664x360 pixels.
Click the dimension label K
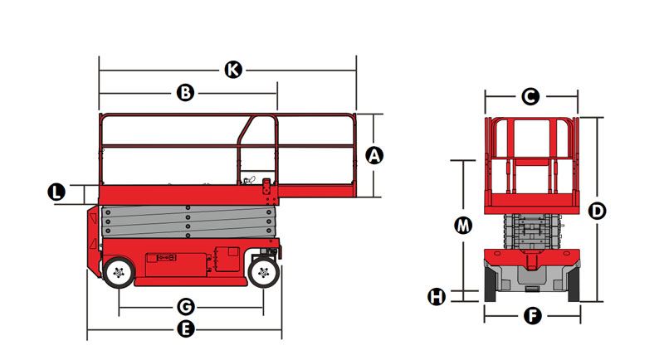(x=233, y=70)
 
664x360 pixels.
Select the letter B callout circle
(x=185, y=92)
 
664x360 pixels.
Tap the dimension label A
(x=374, y=155)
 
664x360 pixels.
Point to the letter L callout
(x=56, y=192)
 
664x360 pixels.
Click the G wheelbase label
(x=185, y=307)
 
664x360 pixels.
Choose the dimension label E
(x=185, y=329)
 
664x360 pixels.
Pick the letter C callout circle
(x=530, y=96)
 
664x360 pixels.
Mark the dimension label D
(x=597, y=211)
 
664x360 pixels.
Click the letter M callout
(x=463, y=225)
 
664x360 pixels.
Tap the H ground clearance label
(x=437, y=297)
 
